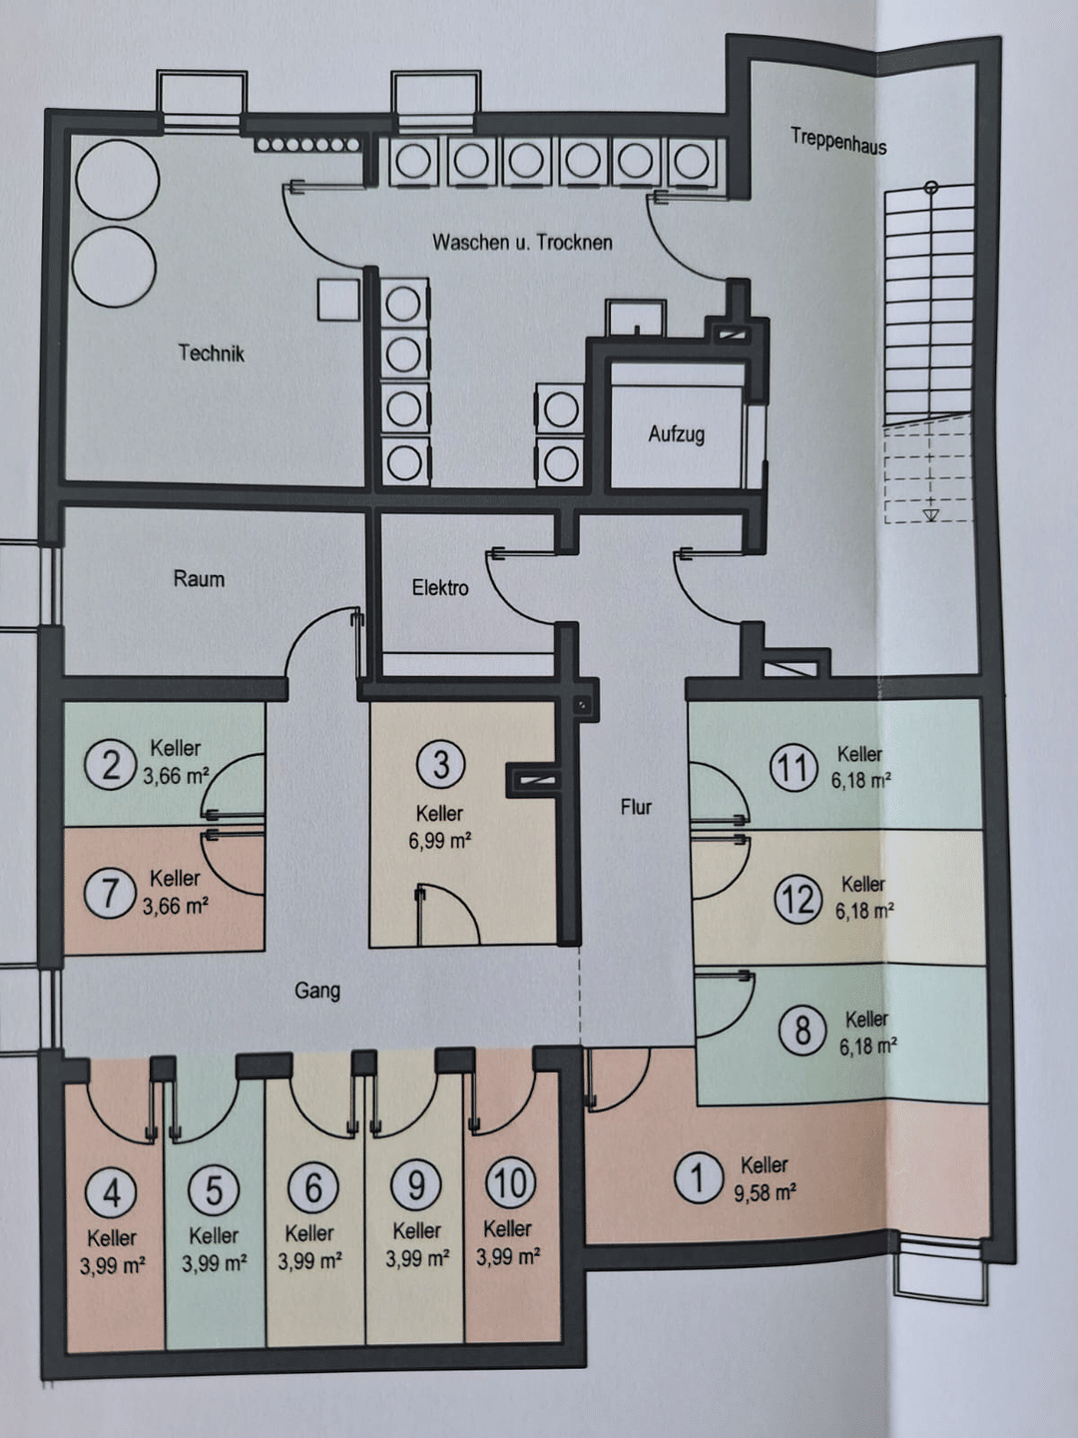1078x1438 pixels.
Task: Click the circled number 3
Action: pyautogui.click(x=441, y=765)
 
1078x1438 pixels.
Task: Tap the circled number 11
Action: pyautogui.click(x=794, y=767)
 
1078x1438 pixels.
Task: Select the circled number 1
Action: pyautogui.click(x=699, y=1178)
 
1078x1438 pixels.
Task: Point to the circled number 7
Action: pyautogui.click(x=110, y=893)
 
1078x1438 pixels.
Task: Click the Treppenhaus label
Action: pyautogui.click(x=838, y=141)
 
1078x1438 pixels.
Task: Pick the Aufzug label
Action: pyautogui.click(x=676, y=434)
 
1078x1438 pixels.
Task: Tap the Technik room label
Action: pyautogui.click(x=212, y=354)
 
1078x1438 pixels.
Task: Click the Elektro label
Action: pyautogui.click(x=440, y=587)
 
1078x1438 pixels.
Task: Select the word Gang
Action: pyautogui.click(x=317, y=990)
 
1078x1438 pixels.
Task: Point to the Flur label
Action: pyautogui.click(x=636, y=807)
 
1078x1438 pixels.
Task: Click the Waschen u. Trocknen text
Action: pyautogui.click(x=522, y=243)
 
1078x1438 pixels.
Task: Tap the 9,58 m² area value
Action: pyautogui.click(x=765, y=1192)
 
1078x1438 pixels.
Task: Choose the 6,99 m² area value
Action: pyautogui.click(x=440, y=841)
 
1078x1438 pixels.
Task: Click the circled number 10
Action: pyautogui.click(x=510, y=1182)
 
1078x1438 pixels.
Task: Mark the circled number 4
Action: pyautogui.click(x=111, y=1191)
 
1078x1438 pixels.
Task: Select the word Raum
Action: pyautogui.click(x=199, y=579)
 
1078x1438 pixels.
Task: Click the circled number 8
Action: pyautogui.click(x=804, y=1031)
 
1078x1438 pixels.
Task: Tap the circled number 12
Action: pyautogui.click(x=799, y=899)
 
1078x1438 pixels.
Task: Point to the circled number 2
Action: pyautogui.click(x=110, y=765)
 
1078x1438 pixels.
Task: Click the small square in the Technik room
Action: pyautogui.click(x=339, y=300)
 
